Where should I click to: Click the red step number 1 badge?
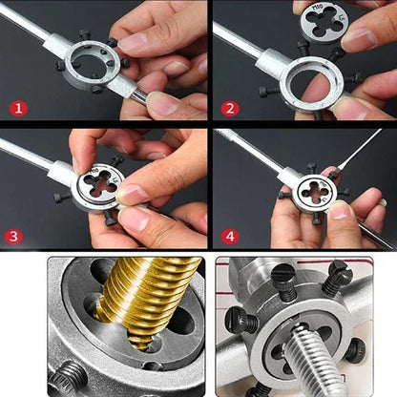[x=17, y=108]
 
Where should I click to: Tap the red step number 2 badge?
[x=229, y=108]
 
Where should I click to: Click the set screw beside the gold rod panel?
[x=69, y=378]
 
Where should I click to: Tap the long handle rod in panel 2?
[x=239, y=43]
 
